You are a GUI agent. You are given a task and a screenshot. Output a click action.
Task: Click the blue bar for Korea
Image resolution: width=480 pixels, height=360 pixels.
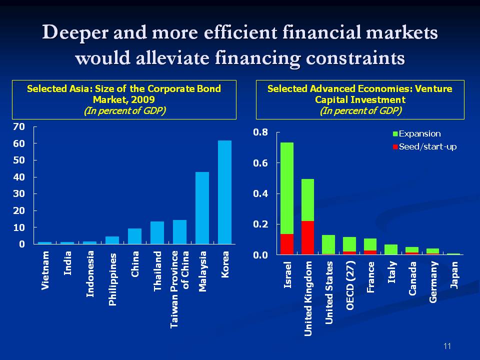pos(224,192)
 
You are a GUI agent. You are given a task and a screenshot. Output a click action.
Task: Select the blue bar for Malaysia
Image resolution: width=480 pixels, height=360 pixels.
pos(202,208)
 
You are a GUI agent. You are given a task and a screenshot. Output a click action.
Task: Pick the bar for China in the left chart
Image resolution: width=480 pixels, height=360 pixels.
pos(134,236)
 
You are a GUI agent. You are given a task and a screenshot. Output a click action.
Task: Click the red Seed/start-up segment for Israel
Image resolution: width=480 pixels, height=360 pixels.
pos(287,244)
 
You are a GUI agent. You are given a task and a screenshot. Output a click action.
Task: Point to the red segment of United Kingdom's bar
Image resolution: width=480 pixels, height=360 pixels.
pos(308,238)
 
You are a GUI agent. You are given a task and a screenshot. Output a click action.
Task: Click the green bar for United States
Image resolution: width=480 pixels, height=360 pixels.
pos(328,244)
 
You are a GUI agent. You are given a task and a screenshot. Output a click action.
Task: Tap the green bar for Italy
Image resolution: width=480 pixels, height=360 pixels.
pos(391,249)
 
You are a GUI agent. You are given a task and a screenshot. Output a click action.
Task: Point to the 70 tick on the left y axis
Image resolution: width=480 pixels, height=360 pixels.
pos(18,127)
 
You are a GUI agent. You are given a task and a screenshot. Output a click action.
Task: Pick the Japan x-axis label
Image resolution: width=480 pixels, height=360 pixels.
pos(454,274)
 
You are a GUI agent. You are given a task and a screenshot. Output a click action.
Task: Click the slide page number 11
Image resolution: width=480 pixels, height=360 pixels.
pos(447,346)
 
